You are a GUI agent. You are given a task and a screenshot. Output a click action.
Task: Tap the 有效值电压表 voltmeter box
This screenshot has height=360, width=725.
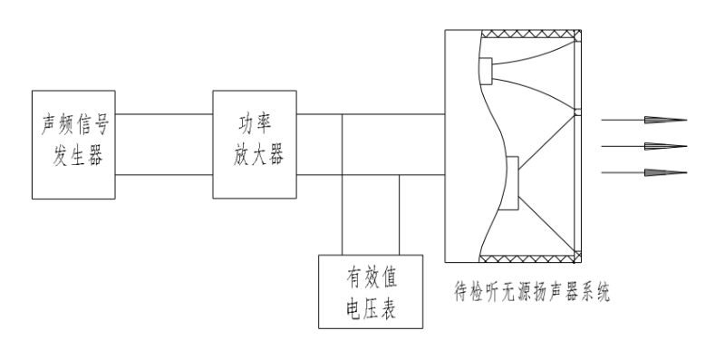coord(372,290)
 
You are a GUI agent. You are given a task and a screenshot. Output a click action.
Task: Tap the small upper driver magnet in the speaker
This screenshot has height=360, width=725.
coord(486,70)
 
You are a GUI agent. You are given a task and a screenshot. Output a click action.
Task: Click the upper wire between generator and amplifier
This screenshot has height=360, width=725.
coord(164,115)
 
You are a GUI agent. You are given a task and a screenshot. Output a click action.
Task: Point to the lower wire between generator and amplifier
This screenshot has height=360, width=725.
coord(164,174)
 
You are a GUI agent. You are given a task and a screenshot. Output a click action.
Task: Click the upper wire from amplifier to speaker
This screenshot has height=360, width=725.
coord(372,115)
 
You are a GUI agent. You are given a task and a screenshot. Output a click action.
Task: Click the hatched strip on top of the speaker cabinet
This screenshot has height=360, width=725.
coord(530,34)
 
